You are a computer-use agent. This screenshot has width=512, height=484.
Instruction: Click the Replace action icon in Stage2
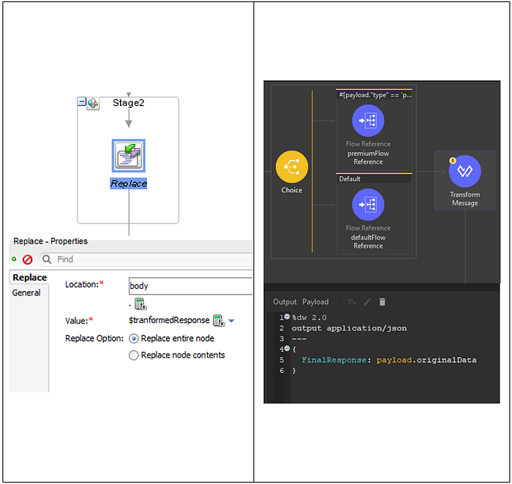point(129,156)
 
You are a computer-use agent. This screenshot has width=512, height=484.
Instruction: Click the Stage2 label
point(128,103)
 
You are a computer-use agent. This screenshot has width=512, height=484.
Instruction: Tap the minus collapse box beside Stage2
point(81,102)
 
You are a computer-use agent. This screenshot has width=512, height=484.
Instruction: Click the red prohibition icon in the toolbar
point(28,260)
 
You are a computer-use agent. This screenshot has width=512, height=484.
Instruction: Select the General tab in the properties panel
point(26,292)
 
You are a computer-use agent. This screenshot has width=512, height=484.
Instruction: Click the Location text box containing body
point(191,286)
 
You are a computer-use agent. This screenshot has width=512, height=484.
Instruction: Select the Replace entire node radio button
point(134,339)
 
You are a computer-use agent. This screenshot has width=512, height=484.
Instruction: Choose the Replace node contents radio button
point(134,355)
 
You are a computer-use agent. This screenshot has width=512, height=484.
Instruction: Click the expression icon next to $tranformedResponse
point(219,320)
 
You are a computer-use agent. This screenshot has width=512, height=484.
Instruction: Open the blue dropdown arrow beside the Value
point(232,321)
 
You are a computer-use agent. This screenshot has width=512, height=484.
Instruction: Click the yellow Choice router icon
point(292,167)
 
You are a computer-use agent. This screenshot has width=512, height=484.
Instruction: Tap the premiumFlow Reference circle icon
point(368,121)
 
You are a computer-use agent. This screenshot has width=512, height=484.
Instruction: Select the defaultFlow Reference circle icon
point(368,205)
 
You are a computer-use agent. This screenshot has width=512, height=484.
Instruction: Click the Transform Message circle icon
point(465,171)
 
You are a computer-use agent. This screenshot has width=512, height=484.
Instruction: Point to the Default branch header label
point(350,179)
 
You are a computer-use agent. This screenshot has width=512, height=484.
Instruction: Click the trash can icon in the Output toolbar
point(382,302)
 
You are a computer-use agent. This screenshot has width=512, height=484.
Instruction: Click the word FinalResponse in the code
point(334,360)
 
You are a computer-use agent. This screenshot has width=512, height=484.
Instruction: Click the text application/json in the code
point(366,328)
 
